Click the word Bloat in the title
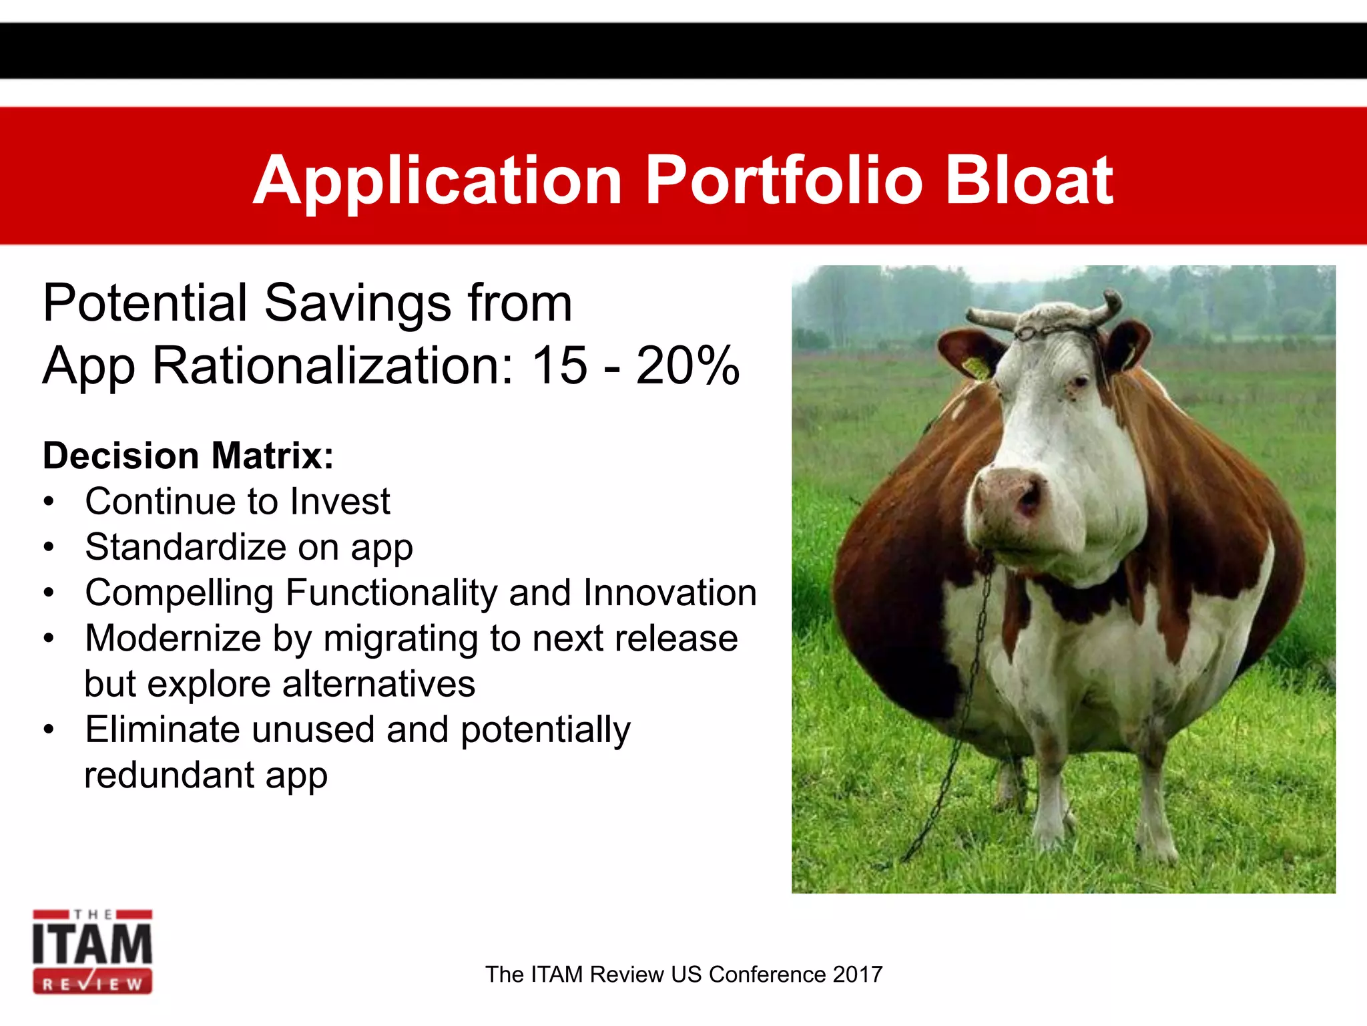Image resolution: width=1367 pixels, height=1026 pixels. pyautogui.click(x=1029, y=180)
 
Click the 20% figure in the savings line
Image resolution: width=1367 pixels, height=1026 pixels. pyautogui.click(x=688, y=366)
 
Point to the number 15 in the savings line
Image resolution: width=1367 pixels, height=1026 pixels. pyautogui.click(x=559, y=366)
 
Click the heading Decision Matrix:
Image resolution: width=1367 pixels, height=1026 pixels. pyautogui.click(x=188, y=456)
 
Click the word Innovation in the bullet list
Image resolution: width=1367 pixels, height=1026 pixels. pyautogui.click(x=669, y=592)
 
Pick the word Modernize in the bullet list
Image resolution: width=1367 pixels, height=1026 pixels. pyautogui.click(x=173, y=639)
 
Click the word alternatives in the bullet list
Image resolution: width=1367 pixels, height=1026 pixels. pyautogui.click(x=378, y=684)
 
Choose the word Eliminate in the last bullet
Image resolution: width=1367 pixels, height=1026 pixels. pyautogui.click(x=162, y=729)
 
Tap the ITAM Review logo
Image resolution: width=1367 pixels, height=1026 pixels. pyautogui.click(x=93, y=952)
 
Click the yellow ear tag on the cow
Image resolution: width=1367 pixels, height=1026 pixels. pyautogui.click(x=976, y=368)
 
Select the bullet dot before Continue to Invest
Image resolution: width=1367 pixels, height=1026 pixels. pyautogui.click(x=48, y=502)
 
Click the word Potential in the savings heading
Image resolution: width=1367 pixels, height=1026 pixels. pyautogui.click(x=145, y=303)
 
